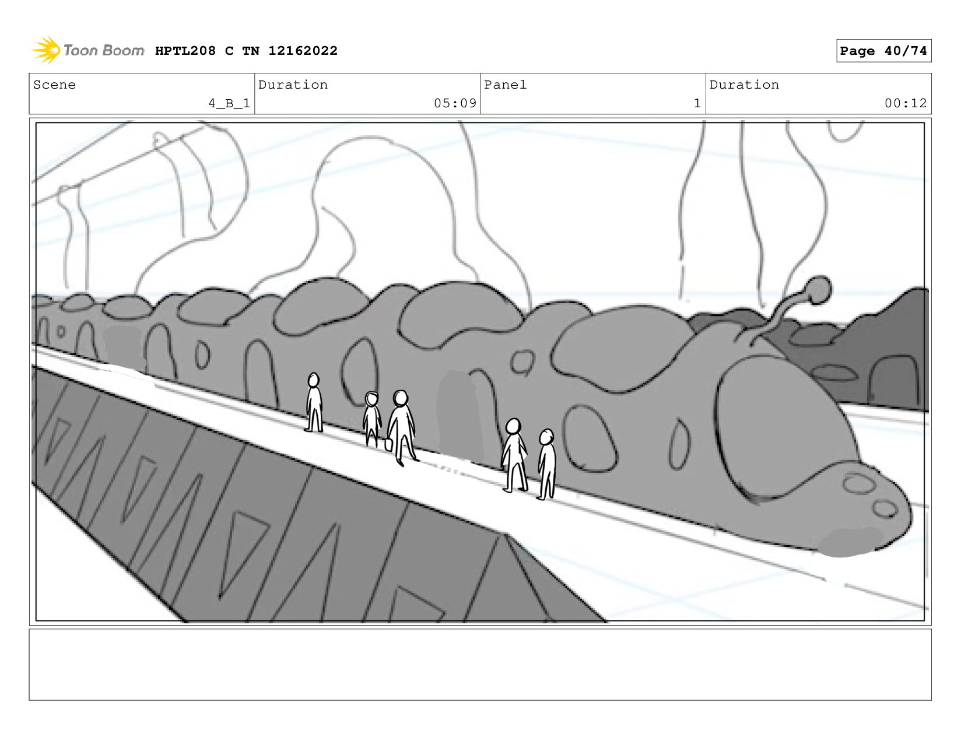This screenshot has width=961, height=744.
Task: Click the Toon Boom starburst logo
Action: coord(46,50)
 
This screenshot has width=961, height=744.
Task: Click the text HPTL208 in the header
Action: coord(185,51)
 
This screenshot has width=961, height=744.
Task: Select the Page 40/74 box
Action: coord(883,51)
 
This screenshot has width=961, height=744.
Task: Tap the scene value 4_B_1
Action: coord(229,103)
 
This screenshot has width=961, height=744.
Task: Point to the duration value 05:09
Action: coord(455,103)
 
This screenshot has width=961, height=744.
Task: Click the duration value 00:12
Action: coord(905,103)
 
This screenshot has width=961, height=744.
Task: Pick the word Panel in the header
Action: coord(505,85)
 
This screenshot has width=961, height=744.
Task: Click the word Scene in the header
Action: coord(54,85)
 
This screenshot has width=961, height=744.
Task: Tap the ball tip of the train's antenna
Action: coord(820,290)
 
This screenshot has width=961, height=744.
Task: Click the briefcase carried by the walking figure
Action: coord(389,443)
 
